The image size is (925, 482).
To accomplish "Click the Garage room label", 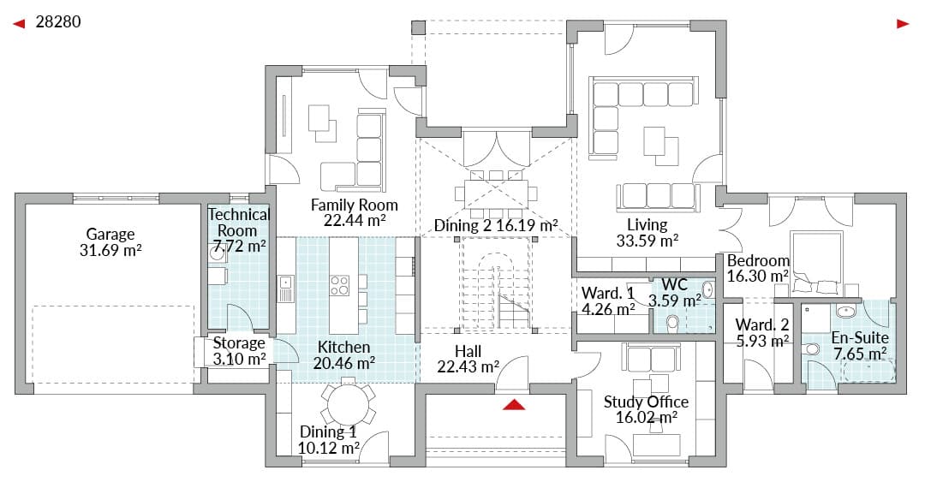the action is coord(110,235).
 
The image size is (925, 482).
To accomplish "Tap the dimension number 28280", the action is coord(58,21).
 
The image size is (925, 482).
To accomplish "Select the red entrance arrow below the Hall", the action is coord(515,404).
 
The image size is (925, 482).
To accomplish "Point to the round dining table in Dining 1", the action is coord(348,404).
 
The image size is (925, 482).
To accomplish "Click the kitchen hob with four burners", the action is coord(340,286).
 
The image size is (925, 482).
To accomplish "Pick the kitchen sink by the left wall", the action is coord(286,289).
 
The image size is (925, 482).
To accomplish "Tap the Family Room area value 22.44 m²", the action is coord(355,220).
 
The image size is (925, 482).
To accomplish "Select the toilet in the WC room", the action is coord(672,322).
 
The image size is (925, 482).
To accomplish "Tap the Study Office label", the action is coord(646,402).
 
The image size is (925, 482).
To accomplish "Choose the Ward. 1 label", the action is coord(607,293).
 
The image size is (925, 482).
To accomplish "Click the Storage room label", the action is coord(238,342).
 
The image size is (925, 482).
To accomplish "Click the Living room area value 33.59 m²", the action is coord(647,241).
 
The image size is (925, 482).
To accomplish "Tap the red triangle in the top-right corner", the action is coord(903,24).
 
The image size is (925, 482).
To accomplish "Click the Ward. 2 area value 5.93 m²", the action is coord(762,341).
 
